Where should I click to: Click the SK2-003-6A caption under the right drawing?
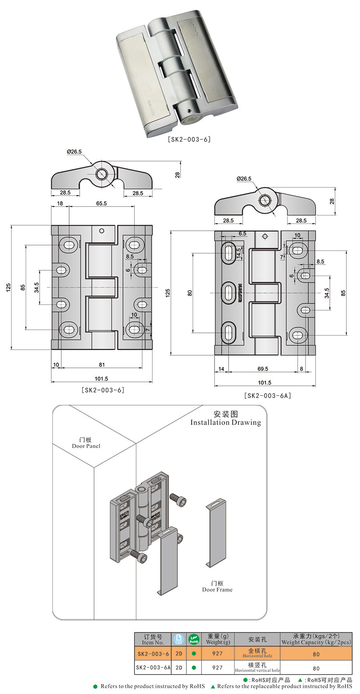267,396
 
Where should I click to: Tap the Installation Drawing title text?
225,422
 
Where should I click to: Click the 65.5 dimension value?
101,203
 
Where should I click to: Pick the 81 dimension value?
101,364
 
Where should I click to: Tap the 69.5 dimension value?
263,368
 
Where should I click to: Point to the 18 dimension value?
60,203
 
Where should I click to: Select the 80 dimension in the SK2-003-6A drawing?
190,292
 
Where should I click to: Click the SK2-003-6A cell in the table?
153,667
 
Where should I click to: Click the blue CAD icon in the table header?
179,640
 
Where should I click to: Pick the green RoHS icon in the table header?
193,640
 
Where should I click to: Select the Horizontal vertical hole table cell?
257,667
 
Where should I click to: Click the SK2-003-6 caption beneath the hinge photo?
189,139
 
